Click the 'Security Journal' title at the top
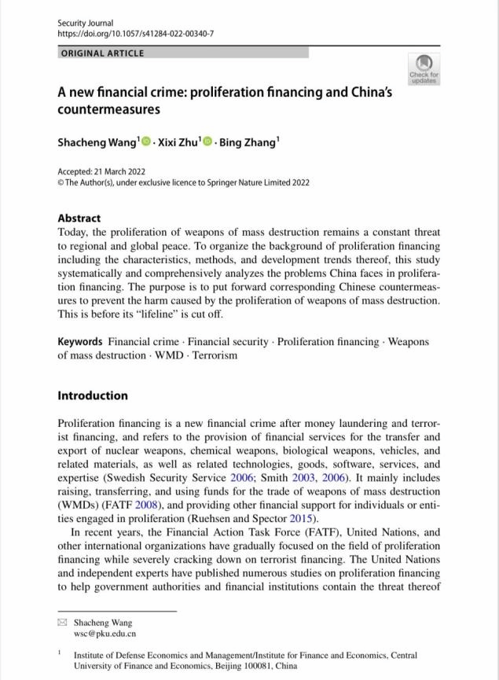point(86,24)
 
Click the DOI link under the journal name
point(135,35)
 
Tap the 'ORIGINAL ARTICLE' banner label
point(102,53)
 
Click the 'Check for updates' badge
point(424,69)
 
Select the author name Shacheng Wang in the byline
point(97,142)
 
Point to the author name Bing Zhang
point(248,142)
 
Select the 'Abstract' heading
point(79,218)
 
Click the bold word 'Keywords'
point(80,342)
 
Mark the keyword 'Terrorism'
point(210,355)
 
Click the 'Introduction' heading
point(92,395)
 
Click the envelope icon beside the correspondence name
point(62,622)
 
